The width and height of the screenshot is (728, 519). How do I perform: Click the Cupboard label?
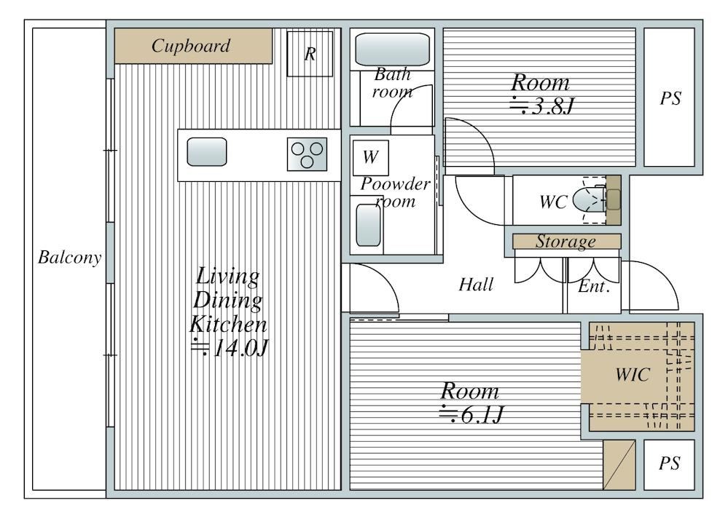coord(191,46)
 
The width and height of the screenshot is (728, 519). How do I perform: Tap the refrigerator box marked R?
coord(310,54)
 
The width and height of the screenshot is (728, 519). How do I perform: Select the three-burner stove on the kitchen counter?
coord(307,154)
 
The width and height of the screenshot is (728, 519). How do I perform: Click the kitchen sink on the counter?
coord(207,152)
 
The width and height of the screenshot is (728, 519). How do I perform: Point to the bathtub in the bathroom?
coord(392,49)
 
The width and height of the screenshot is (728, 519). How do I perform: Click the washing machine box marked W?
coord(370,158)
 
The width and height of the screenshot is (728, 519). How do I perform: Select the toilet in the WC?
coord(590,200)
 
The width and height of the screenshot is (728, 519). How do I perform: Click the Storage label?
coord(565,242)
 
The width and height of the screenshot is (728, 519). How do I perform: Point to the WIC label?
coord(633,375)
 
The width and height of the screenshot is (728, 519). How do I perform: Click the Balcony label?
coord(70,258)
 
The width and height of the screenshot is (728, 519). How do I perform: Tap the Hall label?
coord(476,285)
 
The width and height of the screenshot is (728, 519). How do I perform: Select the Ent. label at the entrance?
coord(594,286)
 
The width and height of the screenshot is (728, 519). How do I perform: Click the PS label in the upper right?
coord(670,98)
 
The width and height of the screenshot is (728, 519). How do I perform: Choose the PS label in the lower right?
coord(669,463)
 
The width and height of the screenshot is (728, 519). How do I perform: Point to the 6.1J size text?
coord(471,415)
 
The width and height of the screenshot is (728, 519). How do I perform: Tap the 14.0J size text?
coord(230,348)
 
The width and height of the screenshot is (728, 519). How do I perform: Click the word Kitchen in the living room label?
coord(228,324)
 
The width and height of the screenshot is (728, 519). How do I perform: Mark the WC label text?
coord(553,202)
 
